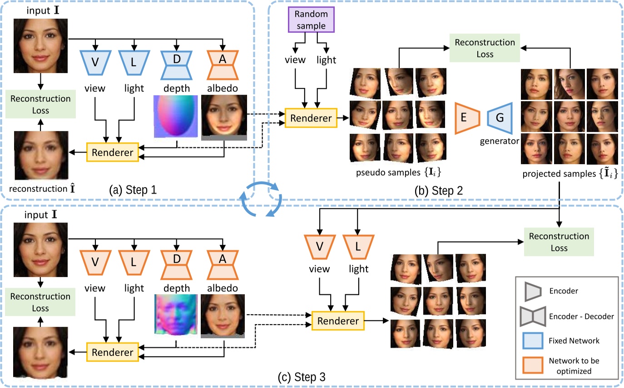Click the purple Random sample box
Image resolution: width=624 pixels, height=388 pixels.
pos(311,20)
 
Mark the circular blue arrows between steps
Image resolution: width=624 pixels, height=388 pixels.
pos(261,200)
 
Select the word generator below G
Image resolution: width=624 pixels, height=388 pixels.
pos(500,141)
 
